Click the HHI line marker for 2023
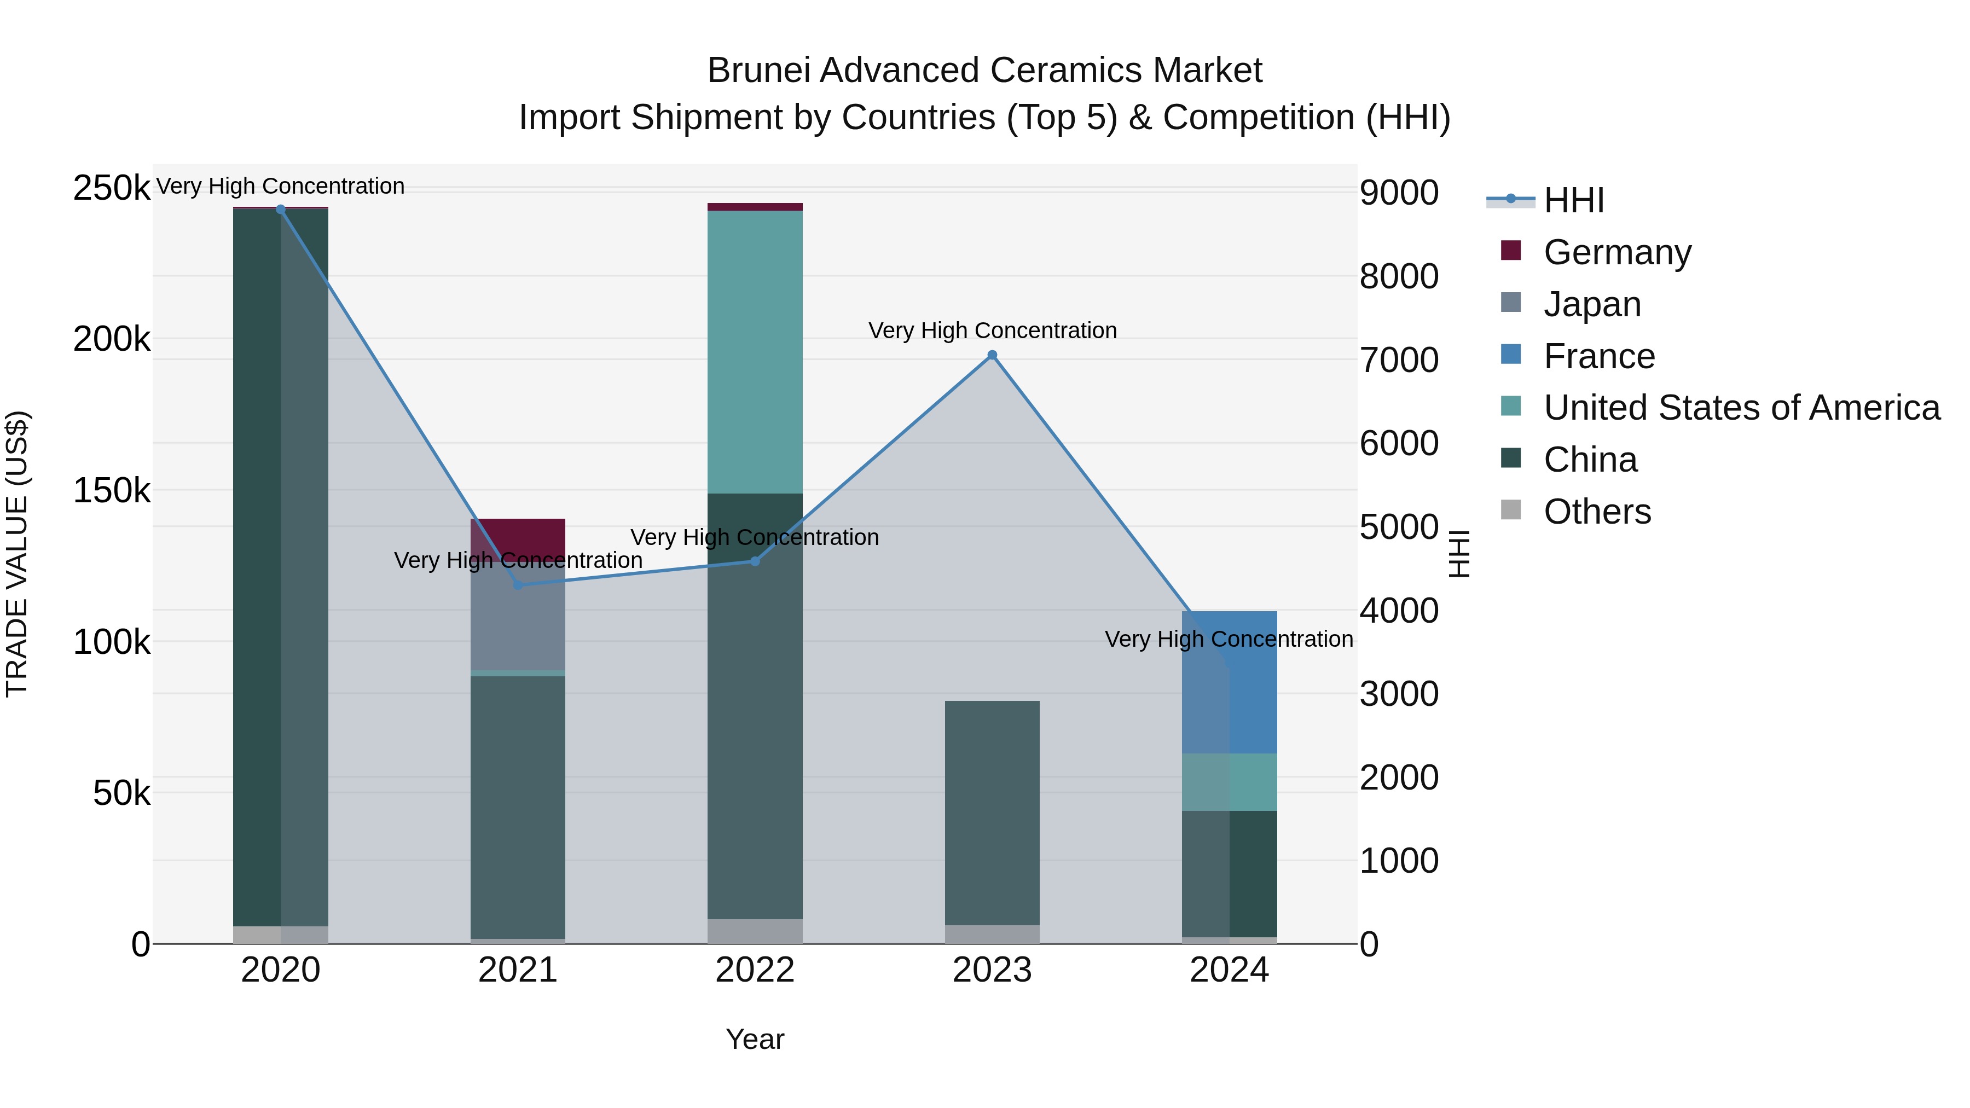[992, 355]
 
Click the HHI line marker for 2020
[281, 210]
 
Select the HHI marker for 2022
[755, 561]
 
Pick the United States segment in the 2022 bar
[755, 352]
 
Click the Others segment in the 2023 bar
[992, 935]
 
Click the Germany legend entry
[1616, 252]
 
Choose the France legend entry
[1598, 356]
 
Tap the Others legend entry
[1597, 512]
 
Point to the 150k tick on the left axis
[112, 490]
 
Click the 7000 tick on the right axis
[1399, 359]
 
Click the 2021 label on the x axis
[518, 970]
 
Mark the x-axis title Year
[755, 1039]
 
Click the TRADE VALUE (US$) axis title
[17, 554]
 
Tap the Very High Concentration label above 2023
[992, 330]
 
